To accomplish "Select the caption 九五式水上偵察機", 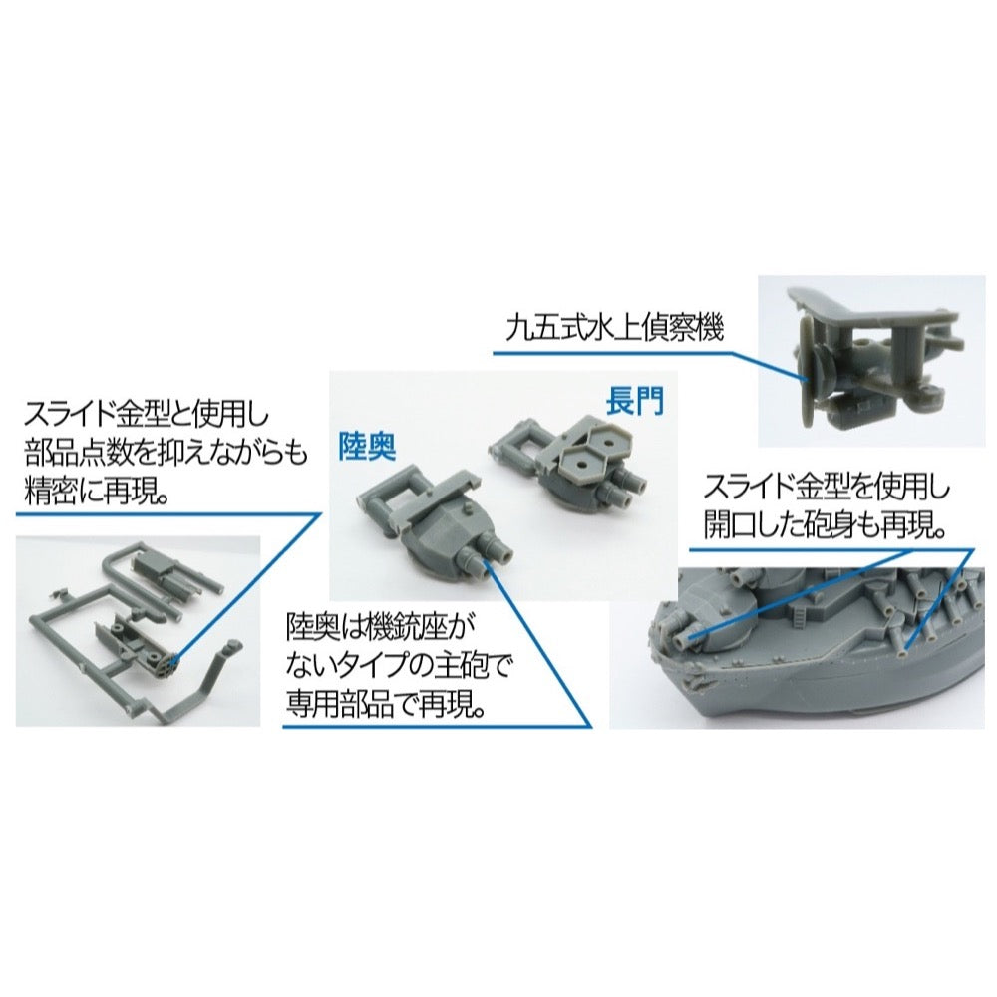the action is [615, 329].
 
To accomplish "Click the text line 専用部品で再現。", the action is [385, 704].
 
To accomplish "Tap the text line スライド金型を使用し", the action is [827, 489].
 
